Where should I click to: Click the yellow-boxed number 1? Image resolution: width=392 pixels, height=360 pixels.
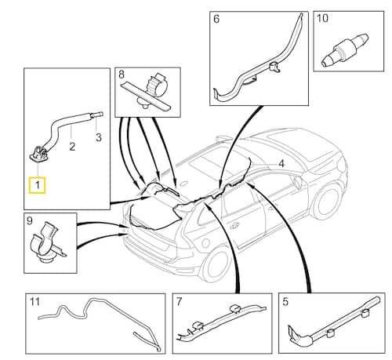(38, 185)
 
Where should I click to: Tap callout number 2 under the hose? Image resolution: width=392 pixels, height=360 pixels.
(72, 147)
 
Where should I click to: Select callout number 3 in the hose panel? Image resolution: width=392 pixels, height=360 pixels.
(99, 137)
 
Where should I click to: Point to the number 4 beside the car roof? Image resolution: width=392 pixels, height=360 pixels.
(281, 164)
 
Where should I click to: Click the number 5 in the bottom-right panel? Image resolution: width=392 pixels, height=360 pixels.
(285, 302)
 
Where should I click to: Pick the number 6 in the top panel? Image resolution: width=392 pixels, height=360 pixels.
(216, 19)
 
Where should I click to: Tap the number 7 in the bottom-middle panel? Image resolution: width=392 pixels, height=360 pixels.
(179, 301)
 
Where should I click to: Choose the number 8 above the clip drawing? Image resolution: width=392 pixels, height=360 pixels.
(122, 75)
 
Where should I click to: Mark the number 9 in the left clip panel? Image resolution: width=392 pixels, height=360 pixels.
(30, 220)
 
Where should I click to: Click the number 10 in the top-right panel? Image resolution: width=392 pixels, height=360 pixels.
(322, 18)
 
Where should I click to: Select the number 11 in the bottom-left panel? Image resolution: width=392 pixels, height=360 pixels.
(34, 302)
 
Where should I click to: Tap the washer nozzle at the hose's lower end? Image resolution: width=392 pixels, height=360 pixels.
(38, 155)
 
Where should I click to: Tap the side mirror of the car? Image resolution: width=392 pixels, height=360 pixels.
(297, 182)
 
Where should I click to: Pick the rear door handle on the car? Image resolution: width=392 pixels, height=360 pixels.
(234, 225)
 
